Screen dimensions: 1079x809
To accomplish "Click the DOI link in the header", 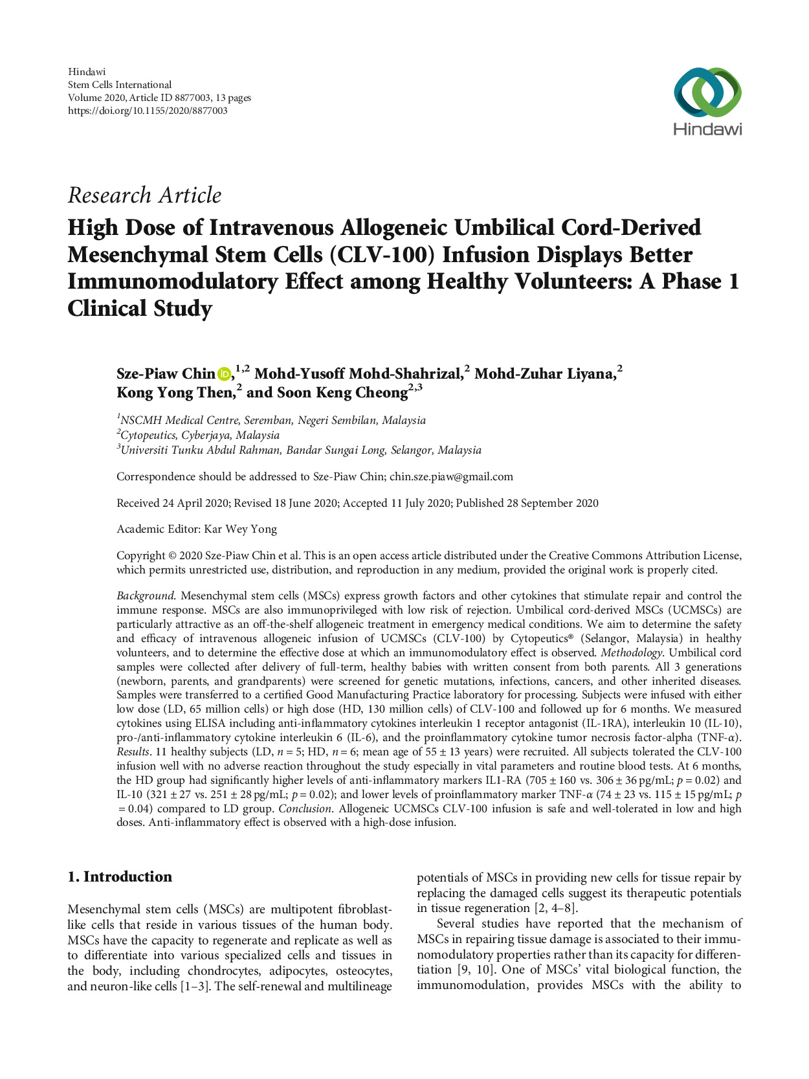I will (148, 111).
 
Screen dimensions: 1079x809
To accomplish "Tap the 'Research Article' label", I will (144, 195).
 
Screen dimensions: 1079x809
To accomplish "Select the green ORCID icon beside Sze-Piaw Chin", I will (224, 374).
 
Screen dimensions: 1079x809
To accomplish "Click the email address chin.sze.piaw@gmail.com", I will (451, 477).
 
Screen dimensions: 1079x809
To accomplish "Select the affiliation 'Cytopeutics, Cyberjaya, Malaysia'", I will (200, 436).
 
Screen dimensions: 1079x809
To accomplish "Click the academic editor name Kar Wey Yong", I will (240, 529).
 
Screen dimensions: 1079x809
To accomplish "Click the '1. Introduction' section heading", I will (120, 876).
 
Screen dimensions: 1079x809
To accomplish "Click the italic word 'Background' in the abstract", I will (145, 595).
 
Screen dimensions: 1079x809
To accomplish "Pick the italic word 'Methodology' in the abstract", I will (631, 652).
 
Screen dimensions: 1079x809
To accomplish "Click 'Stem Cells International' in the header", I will (120, 85).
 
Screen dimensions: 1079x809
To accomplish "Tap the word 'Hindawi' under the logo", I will (707, 129).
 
